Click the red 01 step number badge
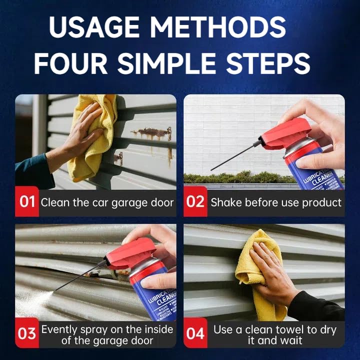pos(27,202)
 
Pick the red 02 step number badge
pos(195,202)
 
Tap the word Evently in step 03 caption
pos(59,329)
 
